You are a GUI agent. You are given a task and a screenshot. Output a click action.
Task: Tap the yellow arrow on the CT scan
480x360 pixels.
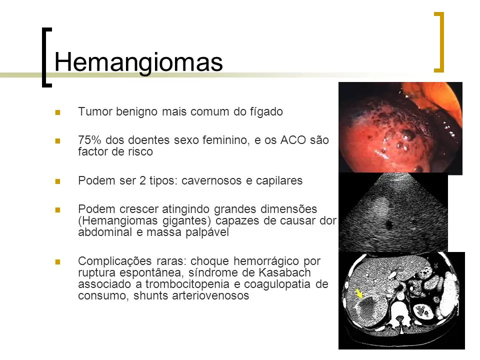coord(359,293)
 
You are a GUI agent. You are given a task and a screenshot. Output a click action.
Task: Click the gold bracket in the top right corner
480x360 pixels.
coord(439,42)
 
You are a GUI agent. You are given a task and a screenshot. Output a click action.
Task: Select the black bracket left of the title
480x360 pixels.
coord(46,57)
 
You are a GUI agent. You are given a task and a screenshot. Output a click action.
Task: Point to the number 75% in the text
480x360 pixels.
coord(89,140)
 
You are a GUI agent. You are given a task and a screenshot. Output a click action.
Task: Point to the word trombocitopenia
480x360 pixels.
coord(188,284)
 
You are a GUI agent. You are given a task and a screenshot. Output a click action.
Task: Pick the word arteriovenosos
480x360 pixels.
coord(210,295)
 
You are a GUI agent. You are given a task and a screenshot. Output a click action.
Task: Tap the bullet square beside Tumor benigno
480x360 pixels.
coord(57,112)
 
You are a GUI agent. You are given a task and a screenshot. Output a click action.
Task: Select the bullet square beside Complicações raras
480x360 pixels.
coord(57,261)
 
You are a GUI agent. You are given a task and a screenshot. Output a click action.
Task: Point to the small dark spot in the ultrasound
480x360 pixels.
coord(389,225)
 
